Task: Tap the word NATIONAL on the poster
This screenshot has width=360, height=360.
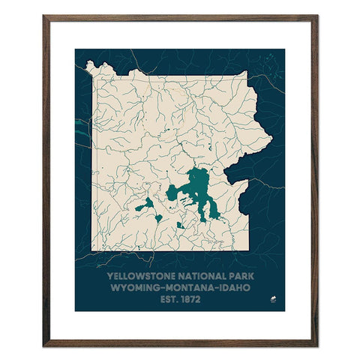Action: pyautogui.click(x=194, y=275)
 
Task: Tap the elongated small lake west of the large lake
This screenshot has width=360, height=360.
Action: pyautogui.click(x=145, y=204)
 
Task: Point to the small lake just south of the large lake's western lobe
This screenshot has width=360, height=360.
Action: pyautogui.click(x=180, y=224)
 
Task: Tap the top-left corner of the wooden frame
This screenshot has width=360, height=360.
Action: pyautogui.click(x=44, y=16)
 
